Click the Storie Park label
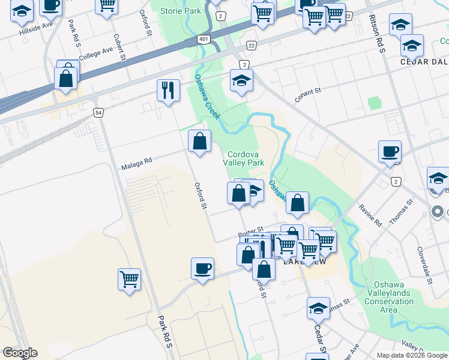184,11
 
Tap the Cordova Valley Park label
244,158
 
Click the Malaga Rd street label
137,161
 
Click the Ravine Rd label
370,215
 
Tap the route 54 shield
98,112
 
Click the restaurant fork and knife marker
168,91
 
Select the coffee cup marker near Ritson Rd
390,151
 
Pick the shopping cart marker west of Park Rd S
129,279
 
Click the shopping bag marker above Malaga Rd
199,142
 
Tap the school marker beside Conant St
241,81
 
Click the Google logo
20,353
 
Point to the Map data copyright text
412,355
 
